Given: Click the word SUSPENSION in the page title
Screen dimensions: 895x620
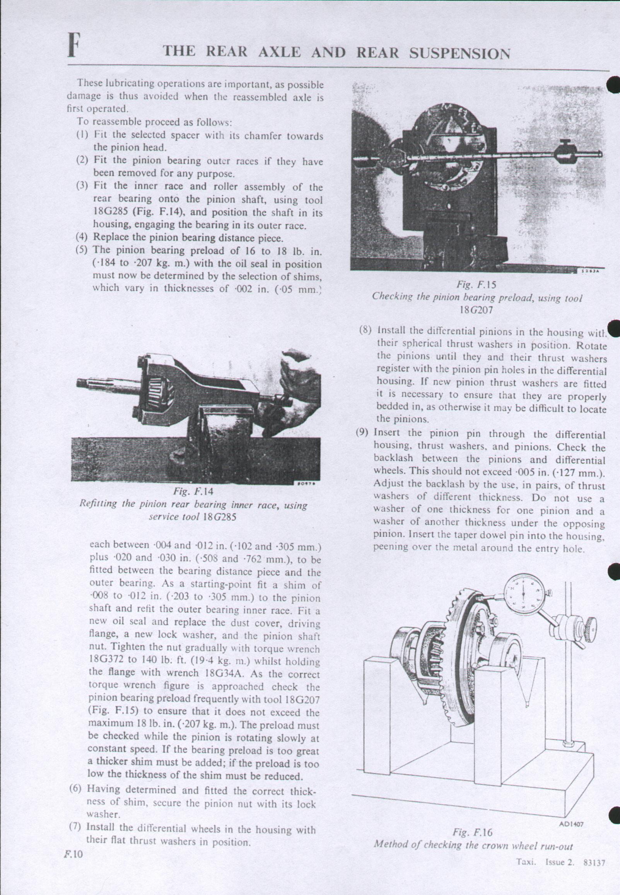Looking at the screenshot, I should [459, 53].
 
